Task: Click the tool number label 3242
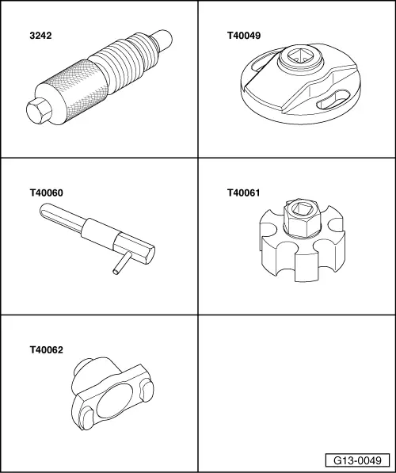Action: coord(40,36)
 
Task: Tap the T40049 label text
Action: coord(244,36)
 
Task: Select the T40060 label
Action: coord(47,193)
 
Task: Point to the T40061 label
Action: coord(243,193)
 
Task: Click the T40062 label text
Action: coord(47,350)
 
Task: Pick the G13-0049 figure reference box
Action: coord(357,460)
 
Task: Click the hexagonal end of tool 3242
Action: coord(38,111)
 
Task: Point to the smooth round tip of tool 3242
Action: coord(163,40)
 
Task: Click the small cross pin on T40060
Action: coord(122,263)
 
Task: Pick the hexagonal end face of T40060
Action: coord(150,255)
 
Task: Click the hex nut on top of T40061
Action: coord(301,218)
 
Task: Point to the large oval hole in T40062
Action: coord(115,401)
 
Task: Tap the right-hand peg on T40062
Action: coord(147,391)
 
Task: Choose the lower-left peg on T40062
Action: coord(86,418)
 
